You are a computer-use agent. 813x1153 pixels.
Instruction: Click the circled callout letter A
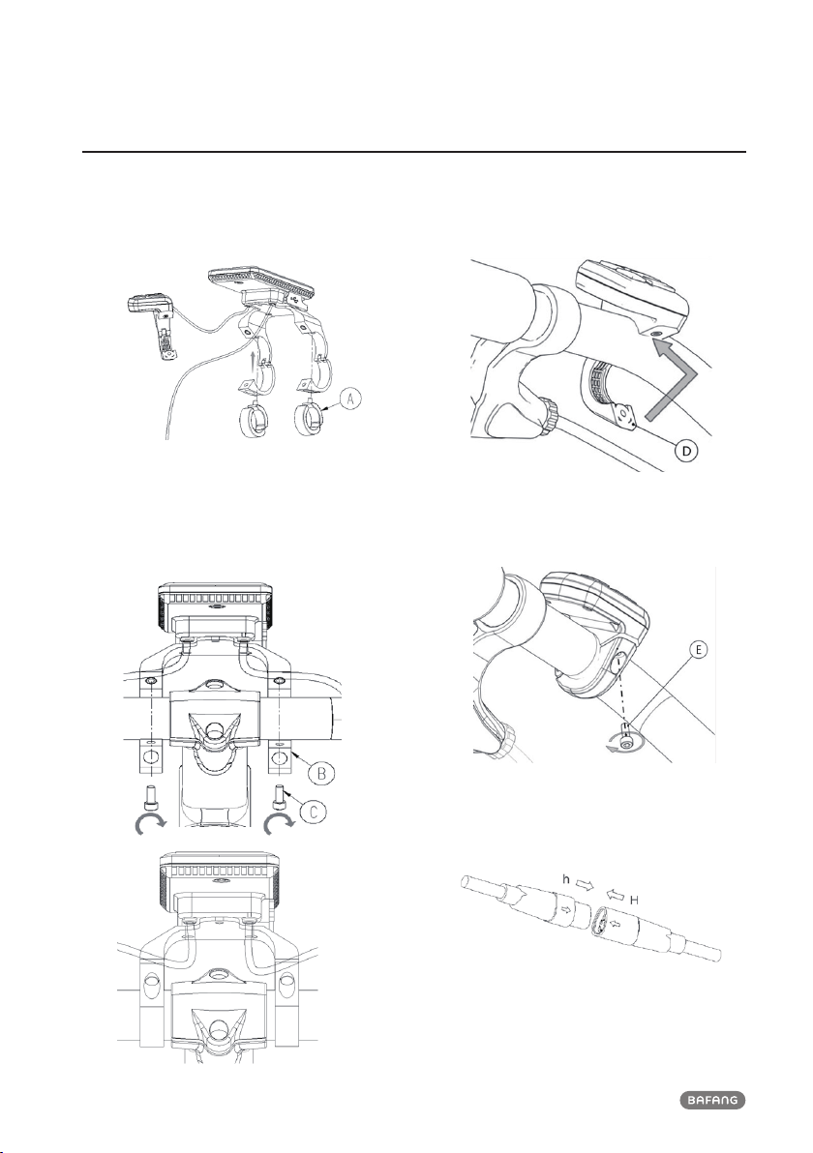(351, 399)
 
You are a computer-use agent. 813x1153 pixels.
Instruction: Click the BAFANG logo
(712, 1100)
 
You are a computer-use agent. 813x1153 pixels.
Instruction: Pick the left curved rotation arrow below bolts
(148, 828)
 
